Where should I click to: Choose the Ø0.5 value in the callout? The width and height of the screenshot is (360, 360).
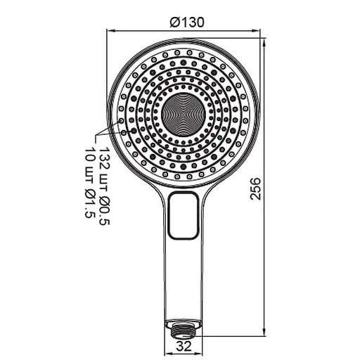[x=105, y=210]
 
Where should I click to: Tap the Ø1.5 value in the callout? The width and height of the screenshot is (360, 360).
[x=90, y=204]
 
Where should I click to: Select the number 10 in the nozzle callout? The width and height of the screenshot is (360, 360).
[x=90, y=156]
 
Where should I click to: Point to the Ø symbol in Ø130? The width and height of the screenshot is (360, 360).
[x=174, y=21]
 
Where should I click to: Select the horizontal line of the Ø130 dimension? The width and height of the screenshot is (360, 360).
[x=148, y=31]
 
